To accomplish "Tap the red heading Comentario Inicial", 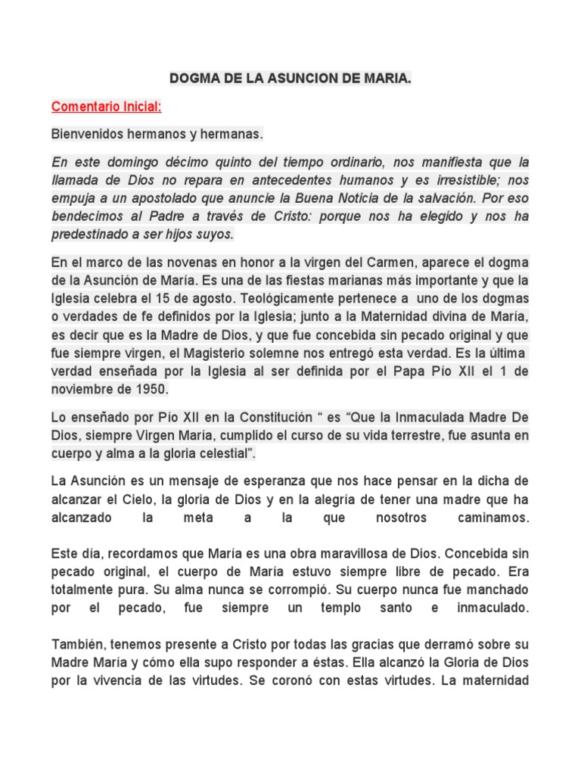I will pyautogui.click(x=107, y=107).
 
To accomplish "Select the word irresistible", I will pyautogui.click(x=467, y=180).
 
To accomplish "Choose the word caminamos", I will pyautogui.click(x=493, y=518).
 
